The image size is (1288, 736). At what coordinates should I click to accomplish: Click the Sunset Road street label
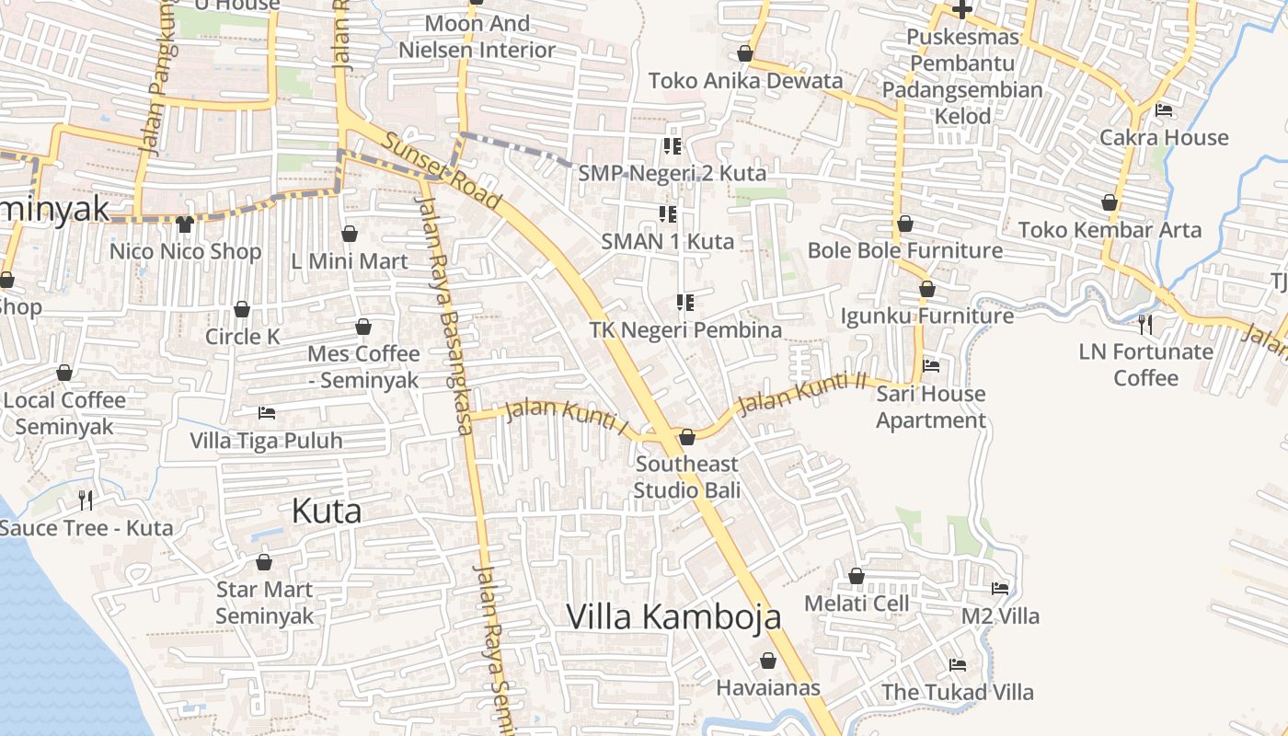pos(442,172)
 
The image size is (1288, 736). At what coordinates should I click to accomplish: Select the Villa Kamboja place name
pos(673,616)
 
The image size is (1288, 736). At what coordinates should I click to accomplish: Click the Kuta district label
pos(327,511)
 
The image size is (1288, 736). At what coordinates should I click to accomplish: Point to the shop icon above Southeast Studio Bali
pos(686,437)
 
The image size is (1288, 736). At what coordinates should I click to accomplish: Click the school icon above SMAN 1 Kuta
pos(668,214)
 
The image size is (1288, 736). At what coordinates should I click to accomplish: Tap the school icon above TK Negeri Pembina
pos(684,302)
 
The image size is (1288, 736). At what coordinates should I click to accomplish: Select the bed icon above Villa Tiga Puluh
pos(266,413)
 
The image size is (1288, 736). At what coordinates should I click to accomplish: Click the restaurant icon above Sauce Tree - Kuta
pos(86,500)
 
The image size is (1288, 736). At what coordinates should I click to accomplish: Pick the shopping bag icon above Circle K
pos(242,309)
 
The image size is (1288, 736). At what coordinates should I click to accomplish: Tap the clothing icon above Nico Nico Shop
pos(185,224)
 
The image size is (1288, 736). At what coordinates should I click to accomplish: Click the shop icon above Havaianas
pos(768,661)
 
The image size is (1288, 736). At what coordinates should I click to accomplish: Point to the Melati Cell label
pos(857,604)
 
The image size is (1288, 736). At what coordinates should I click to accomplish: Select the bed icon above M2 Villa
pos(1000,589)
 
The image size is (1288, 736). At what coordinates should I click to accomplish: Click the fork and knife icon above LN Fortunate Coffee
pos(1145,324)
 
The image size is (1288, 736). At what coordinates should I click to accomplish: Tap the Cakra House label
pos(1164,138)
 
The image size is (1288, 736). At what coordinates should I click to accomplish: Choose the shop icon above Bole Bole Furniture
pos(905,224)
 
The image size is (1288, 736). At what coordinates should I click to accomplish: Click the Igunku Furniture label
pos(926,316)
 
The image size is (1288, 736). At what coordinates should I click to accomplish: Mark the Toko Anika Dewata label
pos(745,81)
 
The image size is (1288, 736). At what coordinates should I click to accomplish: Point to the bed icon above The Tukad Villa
pos(958,665)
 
